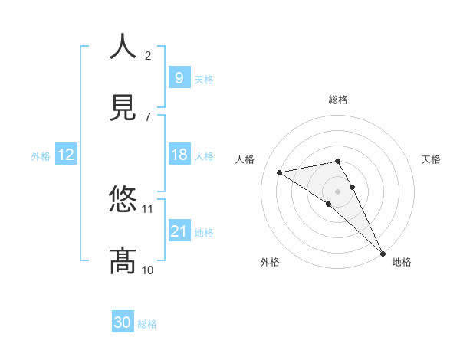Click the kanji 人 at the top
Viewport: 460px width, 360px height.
coord(123,47)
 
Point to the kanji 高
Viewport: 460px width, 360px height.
coord(123,261)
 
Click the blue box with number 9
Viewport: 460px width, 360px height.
coord(179,77)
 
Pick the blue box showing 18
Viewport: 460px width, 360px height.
coord(179,155)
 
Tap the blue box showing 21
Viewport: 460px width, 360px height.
coord(179,231)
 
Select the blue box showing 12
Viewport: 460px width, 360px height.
coord(65,155)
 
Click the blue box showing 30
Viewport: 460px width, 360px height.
coord(122,323)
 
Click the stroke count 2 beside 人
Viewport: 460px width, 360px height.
coord(148,55)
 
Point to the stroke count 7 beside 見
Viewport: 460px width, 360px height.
coord(148,116)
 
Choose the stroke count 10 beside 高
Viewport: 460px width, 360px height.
coord(148,270)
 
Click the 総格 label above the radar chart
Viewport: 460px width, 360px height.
coord(338,100)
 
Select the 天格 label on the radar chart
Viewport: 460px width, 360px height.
coord(431,159)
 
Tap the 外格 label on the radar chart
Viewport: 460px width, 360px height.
coord(270,262)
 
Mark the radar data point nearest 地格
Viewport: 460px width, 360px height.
coord(383,253)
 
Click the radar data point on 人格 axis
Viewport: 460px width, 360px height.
coord(280,172)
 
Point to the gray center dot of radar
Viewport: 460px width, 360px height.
coord(338,191)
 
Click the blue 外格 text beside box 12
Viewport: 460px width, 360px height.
coord(41,155)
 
